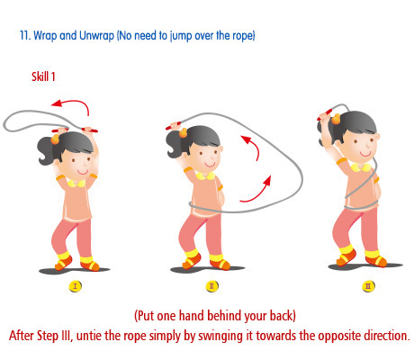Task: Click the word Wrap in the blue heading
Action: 45,36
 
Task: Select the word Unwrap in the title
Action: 96,36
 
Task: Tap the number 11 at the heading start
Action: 25,35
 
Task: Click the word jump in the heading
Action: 182,36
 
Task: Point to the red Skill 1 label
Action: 43,76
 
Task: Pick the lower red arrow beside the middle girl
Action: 258,193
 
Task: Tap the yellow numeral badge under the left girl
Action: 75,286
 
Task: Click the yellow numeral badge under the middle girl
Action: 211,286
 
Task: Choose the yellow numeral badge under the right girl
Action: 368,286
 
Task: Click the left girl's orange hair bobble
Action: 55,139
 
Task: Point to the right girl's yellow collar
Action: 361,167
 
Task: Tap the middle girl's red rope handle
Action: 173,126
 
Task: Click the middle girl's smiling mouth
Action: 210,165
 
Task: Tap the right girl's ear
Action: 377,137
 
